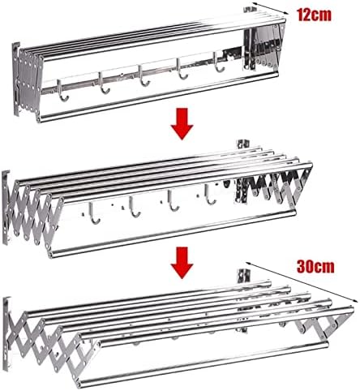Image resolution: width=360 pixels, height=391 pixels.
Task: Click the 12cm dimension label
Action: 314,15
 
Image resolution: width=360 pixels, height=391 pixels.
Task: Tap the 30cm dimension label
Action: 315,266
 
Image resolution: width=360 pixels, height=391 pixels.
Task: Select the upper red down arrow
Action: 182,124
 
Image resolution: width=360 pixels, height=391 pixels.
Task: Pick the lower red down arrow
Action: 182,262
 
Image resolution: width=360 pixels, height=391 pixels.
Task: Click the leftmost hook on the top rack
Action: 63,91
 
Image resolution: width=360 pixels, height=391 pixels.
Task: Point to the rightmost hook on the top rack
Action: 218,62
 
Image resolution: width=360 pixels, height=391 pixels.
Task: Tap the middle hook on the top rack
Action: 144,76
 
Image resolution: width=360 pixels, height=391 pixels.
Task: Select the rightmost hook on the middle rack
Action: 210,194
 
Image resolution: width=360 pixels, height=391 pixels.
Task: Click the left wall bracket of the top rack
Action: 15,79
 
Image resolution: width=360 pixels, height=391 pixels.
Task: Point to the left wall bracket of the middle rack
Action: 6,208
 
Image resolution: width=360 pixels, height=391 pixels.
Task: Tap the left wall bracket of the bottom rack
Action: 6,333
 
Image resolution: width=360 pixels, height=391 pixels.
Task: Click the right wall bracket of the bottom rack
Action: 244,276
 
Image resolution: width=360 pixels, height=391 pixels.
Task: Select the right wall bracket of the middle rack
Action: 243,144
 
